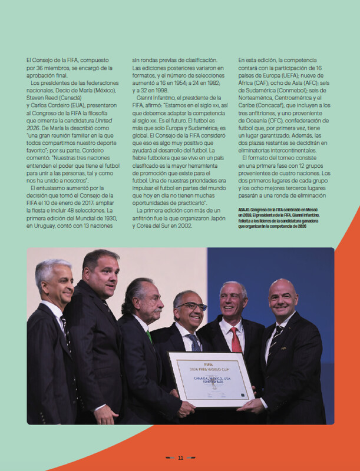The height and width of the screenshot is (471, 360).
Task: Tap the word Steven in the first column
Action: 38,90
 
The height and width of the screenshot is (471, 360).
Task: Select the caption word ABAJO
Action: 246,210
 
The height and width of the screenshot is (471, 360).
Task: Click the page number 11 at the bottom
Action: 181,457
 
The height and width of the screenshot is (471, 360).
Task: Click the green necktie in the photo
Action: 149,337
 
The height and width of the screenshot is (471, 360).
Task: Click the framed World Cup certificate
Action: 211,377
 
